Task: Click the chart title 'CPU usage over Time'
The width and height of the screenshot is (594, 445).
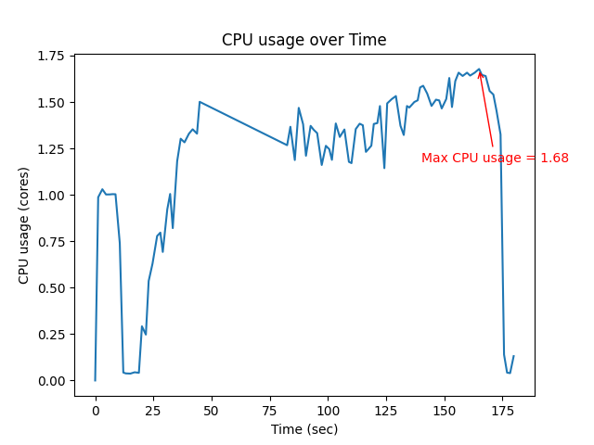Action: click(x=303, y=40)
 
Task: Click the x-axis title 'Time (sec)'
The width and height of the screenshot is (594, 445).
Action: click(x=303, y=429)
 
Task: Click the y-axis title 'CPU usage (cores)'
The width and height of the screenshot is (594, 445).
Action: click(x=24, y=225)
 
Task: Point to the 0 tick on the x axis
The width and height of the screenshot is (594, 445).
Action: click(x=95, y=410)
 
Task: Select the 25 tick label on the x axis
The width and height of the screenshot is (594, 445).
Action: click(x=153, y=410)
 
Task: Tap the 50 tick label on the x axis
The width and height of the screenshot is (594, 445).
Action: click(x=212, y=410)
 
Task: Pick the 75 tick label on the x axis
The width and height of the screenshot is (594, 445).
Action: click(x=270, y=410)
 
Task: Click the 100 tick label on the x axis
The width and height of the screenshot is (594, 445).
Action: click(x=328, y=410)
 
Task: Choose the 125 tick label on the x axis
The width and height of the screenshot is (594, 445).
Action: click(x=386, y=410)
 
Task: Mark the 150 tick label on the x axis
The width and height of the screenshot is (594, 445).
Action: click(x=445, y=410)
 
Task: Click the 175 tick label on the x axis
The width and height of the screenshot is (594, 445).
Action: click(x=503, y=410)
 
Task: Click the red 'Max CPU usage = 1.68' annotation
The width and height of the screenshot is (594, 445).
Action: click(x=495, y=159)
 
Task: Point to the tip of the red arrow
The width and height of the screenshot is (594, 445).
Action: click(x=479, y=70)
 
